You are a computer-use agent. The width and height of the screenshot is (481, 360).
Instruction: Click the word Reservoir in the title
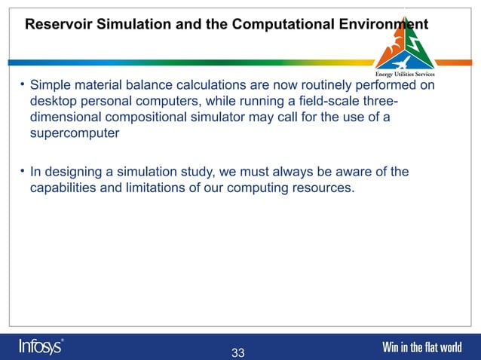coord(57,24)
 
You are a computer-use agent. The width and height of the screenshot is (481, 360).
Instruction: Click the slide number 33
coord(238,352)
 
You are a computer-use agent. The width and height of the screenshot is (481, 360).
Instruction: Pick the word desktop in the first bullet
coord(54,102)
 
